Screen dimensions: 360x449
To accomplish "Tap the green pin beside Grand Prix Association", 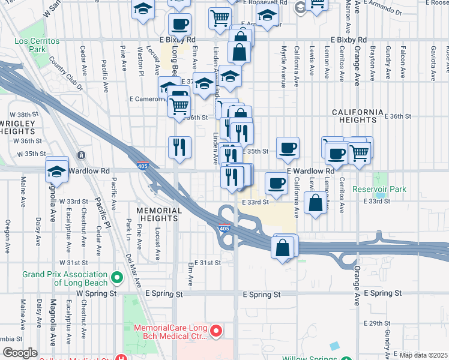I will (x=116, y=278).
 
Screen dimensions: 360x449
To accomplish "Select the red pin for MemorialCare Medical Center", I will (x=217, y=331).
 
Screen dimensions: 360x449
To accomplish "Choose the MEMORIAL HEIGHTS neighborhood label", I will (x=159, y=215).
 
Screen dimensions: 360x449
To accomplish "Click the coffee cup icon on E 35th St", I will (x=288, y=148).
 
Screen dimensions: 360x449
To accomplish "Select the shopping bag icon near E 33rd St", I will (x=315, y=203).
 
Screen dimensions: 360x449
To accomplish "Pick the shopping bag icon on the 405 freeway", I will (x=283, y=247).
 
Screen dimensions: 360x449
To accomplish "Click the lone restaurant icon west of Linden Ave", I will (x=179, y=147).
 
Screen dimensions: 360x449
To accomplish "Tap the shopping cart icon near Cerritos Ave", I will (x=359, y=152).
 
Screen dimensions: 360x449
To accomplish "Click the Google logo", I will (x=20, y=353).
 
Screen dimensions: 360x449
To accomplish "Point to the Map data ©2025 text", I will (x=422, y=355).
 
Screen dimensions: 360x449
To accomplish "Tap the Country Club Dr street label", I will (x=67, y=73).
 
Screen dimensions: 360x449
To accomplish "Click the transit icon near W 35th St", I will (x=81, y=155).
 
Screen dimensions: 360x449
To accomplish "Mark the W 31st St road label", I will (x=74, y=263).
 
